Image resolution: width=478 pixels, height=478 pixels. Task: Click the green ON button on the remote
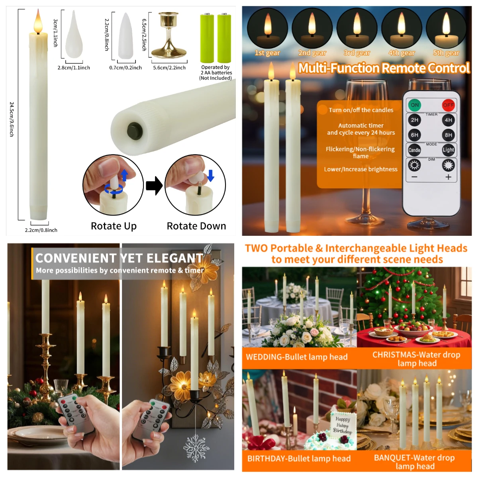(x=415, y=105)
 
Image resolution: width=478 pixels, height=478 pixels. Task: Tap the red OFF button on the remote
(x=448, y=106)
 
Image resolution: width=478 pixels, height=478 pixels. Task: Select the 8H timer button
(x=448, y=135)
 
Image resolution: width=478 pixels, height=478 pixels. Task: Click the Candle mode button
(x=414, y=150)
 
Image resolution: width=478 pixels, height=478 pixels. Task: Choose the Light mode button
(x=448, y=150)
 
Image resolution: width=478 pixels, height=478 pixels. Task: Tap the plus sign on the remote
(x=448, y=177)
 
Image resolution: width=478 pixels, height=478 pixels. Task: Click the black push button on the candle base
(x=135, y=131)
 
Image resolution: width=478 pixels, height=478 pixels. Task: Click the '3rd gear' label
(x=357, y=53)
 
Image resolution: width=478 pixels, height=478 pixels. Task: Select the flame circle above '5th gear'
(x=446, y=28)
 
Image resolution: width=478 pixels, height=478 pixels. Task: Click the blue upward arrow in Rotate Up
(x=125, y=175)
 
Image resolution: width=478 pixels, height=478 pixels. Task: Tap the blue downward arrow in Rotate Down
(x=211, y=176)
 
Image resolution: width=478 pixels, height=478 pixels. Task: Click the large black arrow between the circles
(x=154, y=186)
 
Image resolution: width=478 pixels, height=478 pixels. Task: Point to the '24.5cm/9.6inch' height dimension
(x=12, y=119)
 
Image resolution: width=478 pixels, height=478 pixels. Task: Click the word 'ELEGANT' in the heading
(x=175, y=258)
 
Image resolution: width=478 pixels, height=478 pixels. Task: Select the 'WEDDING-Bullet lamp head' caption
(x=297, y=357)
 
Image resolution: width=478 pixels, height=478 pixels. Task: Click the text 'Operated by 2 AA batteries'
(x=216, y=70)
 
